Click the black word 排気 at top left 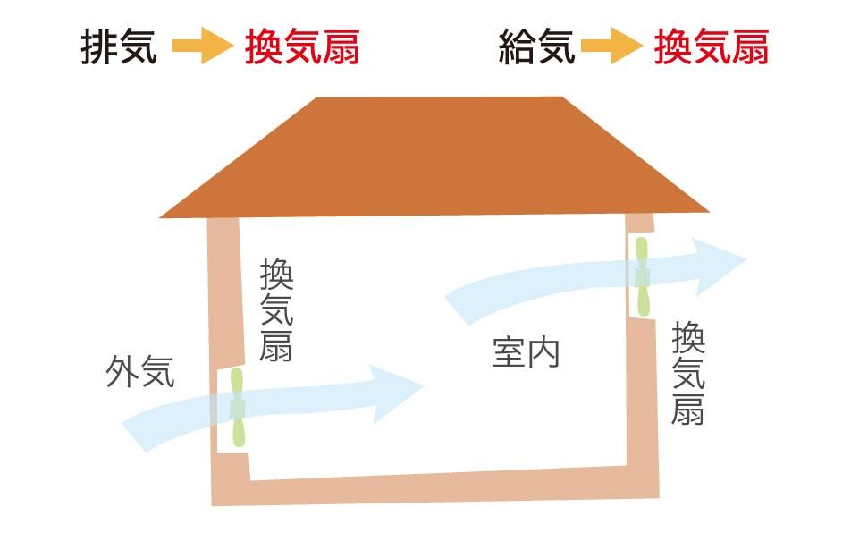[x=119, y=47]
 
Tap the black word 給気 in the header [x=536, y=47]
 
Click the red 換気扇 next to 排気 [x=302, y=47]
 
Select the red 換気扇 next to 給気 [x=712, y=47]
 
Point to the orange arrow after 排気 [x=202, y=47]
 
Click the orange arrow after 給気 [x=611, y=47]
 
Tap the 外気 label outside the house [x=140, y=372]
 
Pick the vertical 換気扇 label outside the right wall [x=688, y=374]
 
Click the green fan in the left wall [x=237, y=408]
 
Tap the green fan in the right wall [x=642, y=277]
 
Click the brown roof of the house [x=434, y=157]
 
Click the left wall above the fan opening [x=225, y=293]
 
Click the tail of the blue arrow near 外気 [x=136, y=432]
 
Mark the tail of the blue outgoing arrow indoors [x=459, y=307]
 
